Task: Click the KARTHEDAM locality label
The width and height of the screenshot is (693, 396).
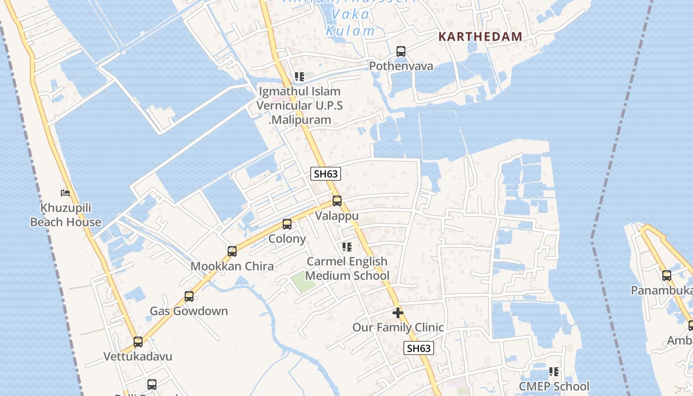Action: coord(480,36)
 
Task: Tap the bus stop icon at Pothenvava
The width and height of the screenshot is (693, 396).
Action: coord(401,51)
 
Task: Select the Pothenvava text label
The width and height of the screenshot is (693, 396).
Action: coord(401,66)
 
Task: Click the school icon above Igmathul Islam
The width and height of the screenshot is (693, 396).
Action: coord(299,77)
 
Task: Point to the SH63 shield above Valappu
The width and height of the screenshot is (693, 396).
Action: coord(326,174)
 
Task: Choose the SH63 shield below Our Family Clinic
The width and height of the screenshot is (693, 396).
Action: coord(419,348)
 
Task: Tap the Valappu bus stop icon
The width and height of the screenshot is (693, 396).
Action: coord(337,201)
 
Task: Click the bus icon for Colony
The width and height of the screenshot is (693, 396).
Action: coord(287,224)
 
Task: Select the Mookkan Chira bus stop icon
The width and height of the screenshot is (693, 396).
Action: coord(232,251)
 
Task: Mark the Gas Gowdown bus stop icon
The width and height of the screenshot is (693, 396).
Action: coord(189,297)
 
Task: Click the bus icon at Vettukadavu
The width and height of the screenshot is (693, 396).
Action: coord(138,342)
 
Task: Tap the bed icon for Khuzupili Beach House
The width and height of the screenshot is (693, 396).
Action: coord(65,193)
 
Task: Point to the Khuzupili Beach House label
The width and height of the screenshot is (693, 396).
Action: coord(65,215)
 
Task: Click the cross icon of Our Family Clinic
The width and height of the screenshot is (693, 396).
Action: coord(398,313)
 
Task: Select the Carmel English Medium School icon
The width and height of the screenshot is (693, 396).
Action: coord(347,247)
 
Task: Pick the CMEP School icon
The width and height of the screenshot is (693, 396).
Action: coord(554,372)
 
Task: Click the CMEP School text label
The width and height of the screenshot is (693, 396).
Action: coord(554,386)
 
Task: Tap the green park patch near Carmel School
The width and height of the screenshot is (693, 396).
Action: coord(302,282)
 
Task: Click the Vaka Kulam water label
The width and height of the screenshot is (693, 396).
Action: coord(350,22)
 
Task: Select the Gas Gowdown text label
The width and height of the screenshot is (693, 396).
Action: coord(189,311)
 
